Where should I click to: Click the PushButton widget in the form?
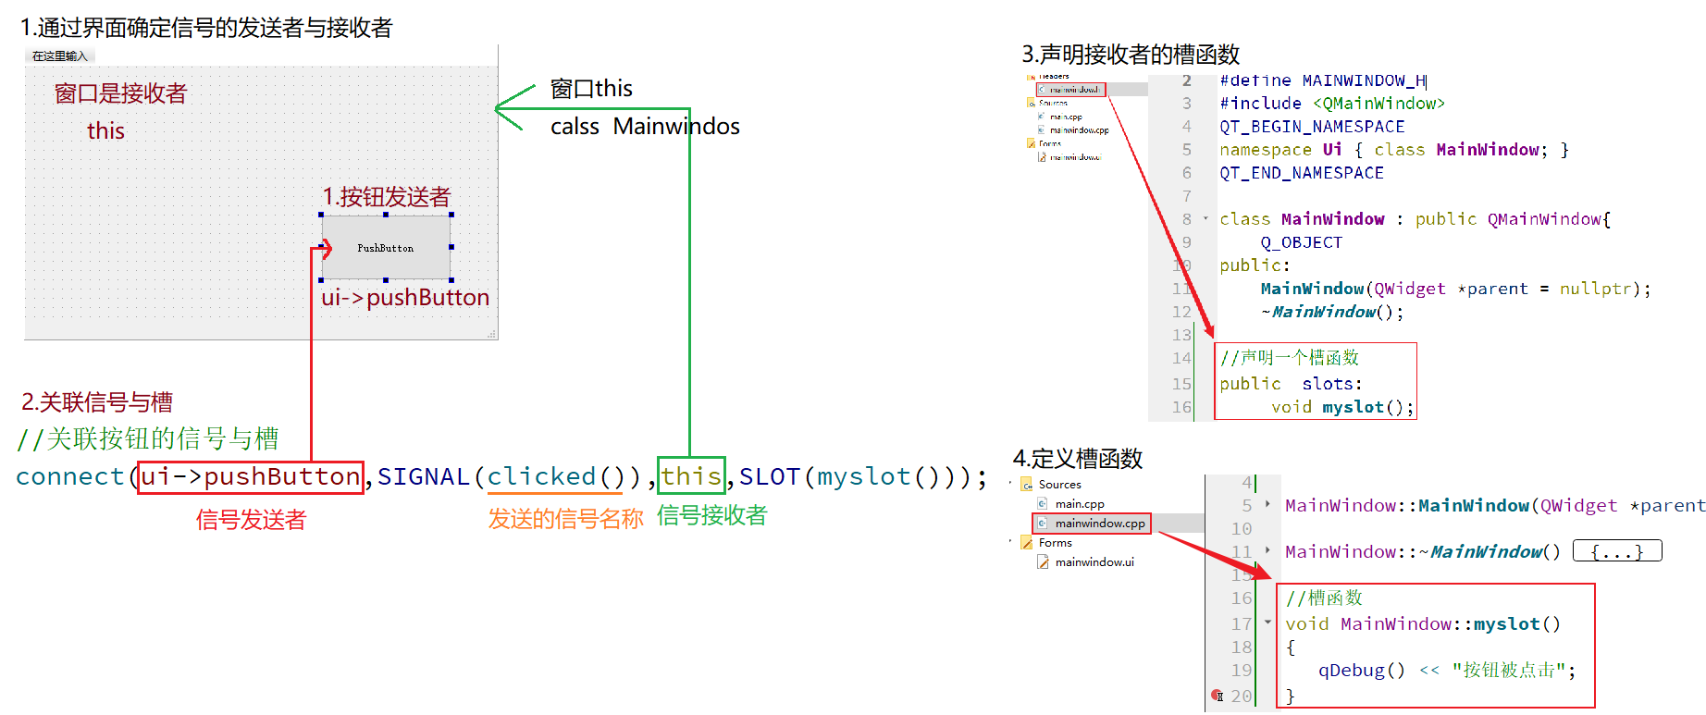386,248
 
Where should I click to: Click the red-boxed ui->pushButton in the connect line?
250,477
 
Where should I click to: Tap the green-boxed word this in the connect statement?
691,476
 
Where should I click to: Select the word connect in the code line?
70,477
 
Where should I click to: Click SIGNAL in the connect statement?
423,477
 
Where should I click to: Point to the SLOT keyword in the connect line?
769,477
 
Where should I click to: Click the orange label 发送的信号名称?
565,519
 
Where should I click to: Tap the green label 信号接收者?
711,515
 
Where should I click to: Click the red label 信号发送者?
251,520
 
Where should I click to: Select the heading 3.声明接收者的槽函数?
1131,55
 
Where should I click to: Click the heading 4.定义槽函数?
1078,459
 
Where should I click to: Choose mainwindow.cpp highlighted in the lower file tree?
1099,524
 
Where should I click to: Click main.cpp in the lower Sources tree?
1080,504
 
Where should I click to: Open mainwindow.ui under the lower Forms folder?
1094,562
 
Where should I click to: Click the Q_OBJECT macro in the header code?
1301,242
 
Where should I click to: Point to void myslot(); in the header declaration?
1342,407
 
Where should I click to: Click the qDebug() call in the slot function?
1361,671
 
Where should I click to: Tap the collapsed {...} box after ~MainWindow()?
1617,552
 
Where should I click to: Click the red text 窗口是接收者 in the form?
120,93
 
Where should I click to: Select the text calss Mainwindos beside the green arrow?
645,127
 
